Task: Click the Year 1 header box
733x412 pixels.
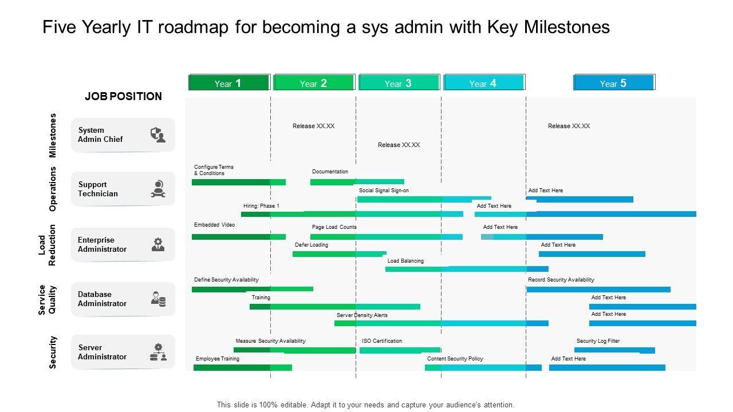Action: click(x=228, y=83)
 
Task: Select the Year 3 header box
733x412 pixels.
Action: click(x=399, y=83)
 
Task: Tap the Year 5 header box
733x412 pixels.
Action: click(x=613, y=83)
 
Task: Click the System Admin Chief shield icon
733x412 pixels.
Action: click(x=157, y=135)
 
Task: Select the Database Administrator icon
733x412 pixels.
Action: click(x=158, y=299)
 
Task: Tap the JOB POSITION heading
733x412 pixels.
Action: click(x=123, y=96)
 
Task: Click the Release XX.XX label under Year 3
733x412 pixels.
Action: click(x=399, y=145)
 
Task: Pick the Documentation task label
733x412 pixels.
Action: click(x=330, y=172)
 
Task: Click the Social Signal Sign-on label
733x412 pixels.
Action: click(x=384, y=191)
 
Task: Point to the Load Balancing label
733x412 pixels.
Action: click(x=405, y=261)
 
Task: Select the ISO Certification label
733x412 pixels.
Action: click(x=382, y=341)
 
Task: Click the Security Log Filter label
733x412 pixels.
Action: click(x=598, y=341)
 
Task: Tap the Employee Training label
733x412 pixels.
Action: click(x=218, y=359)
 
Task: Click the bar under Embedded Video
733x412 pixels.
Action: click(x=238, y=236)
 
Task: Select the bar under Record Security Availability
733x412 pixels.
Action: click(x=598, y=290)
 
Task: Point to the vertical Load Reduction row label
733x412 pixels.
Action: click(x=47, y=244)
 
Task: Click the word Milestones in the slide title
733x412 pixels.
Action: click(x=567, y=27)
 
